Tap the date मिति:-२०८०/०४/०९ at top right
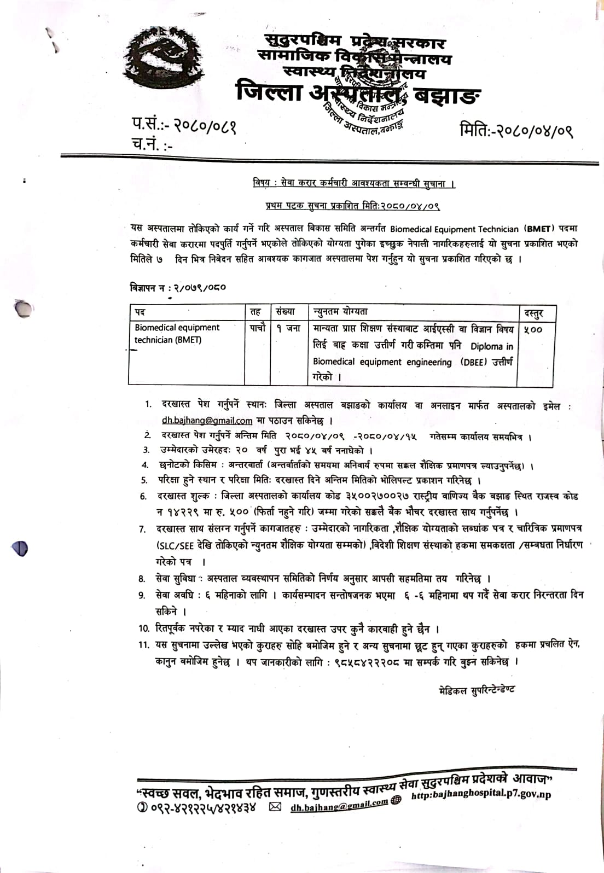516,131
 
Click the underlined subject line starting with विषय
354,183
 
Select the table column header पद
140,312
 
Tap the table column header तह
255,312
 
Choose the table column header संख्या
286,312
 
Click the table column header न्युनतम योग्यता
340,312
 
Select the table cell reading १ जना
288,328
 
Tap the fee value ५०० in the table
532,329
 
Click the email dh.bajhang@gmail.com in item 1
207,421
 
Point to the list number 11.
144,645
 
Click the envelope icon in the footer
275,807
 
